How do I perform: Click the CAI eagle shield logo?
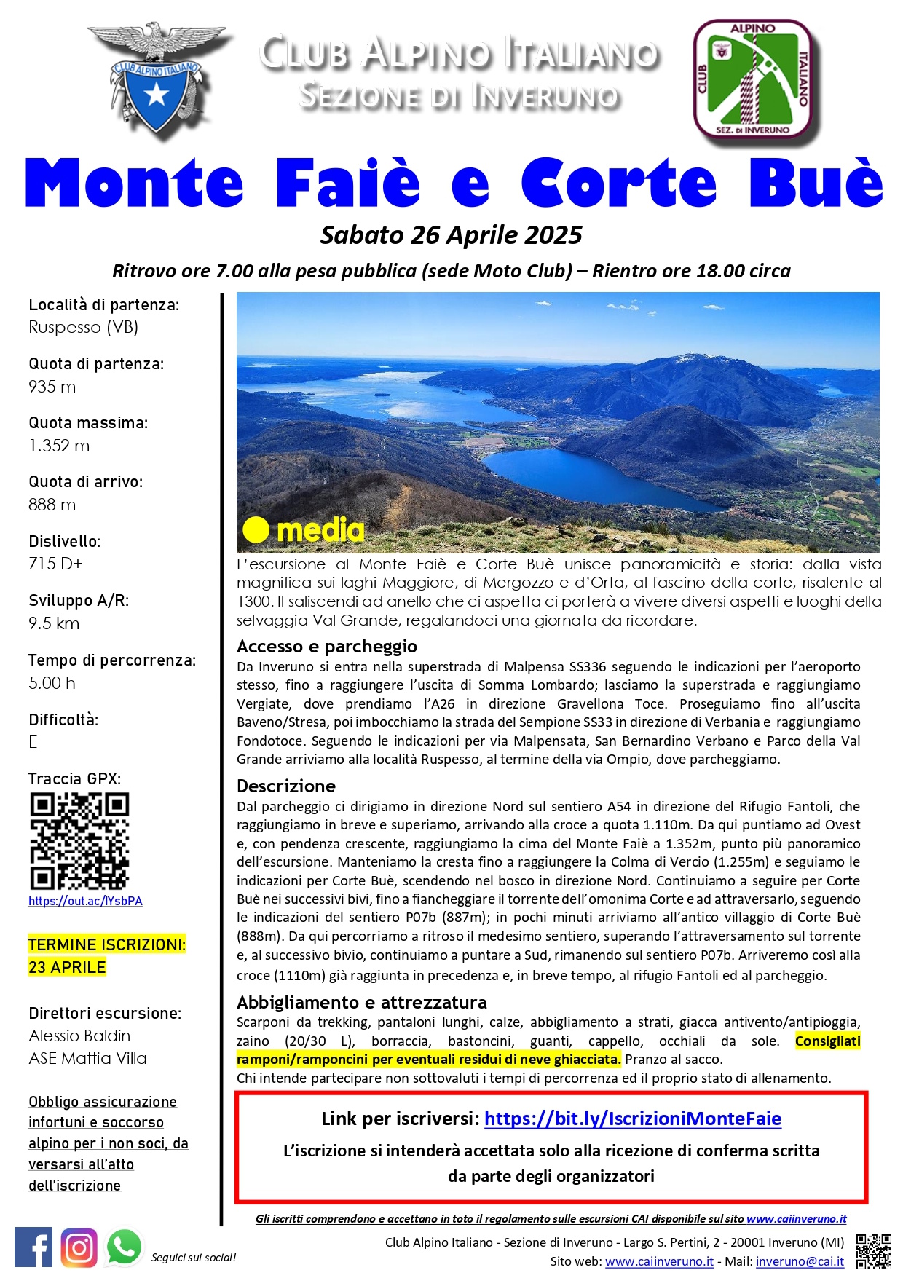[x=156, y=78]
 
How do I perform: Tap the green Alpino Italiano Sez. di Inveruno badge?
[x=753, y=80]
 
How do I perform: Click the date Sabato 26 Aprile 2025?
[x=451, y=235]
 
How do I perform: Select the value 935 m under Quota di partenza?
[x=52, y=387]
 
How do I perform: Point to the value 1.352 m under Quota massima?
[x=60, y=446]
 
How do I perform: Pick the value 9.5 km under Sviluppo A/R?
[x=54, y=623]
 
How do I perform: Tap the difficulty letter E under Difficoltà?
[x=33, y=742]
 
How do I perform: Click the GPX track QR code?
[x=79, y=841]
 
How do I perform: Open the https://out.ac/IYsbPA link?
[x=85, y=902]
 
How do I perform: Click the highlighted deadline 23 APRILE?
[x=68, y=968]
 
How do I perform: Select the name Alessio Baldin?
[x=79, y=1036]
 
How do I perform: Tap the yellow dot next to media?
[x=256, y=530]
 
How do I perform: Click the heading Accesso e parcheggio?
[x=327, y=647]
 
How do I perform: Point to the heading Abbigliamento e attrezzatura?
[x=361, y=1002]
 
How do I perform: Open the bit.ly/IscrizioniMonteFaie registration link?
[x=632, y=1119]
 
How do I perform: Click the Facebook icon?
[x=33, y=1247]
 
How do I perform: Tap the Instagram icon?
[x=79, y=1247]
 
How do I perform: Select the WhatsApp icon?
[x=125, y=1247]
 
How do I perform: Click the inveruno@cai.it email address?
[x=800, y=1261]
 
